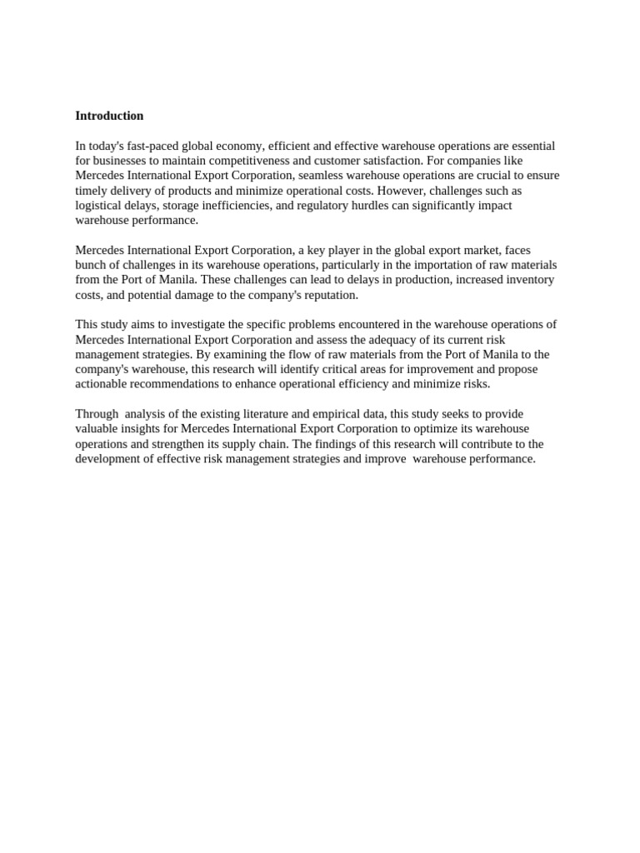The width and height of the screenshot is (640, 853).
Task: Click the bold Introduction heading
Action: [x=109, y=116]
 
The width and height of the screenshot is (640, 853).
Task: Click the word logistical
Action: [x=99, y=206]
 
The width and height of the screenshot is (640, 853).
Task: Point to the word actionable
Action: [x=103, y=384]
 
